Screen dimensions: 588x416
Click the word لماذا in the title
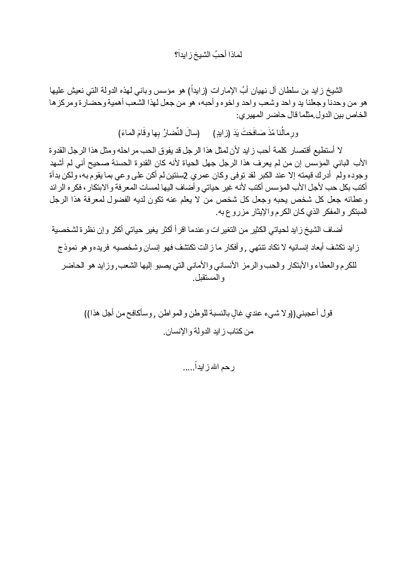pos(235,55)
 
